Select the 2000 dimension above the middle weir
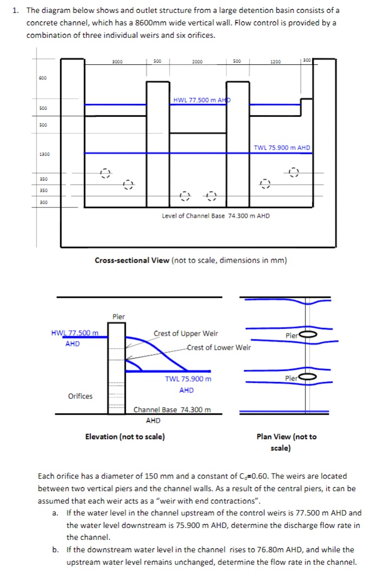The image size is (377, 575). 197,62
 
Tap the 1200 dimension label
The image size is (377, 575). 276,62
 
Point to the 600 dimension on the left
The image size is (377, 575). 42,78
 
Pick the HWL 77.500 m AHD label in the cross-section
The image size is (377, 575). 201,100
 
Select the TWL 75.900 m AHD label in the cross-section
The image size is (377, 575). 282,148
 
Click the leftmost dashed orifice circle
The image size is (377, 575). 106,174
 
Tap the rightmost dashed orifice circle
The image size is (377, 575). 294,172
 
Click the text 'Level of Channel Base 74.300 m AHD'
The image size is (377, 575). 216,216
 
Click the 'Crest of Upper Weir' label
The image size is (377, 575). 186,334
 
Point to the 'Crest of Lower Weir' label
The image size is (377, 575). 219,348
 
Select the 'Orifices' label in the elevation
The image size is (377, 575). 80,396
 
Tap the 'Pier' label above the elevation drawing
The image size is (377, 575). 118,317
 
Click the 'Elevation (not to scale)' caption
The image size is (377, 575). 125,436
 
